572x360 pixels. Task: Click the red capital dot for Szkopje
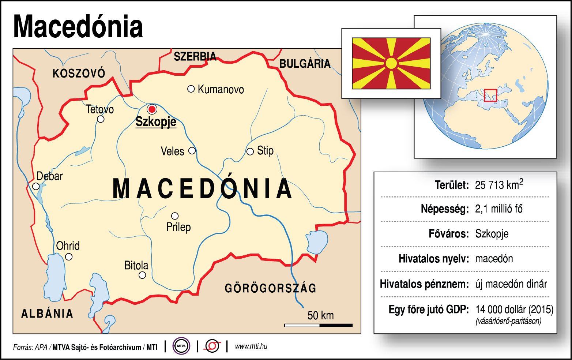pyautogui.click(x=152, y=109)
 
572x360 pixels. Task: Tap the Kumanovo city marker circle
pyautogui.click(x=191, y=89)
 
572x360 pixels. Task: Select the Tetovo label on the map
pyautogui.click(x=100, y=109)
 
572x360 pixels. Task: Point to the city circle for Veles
pyautogui.click(x=192, y=151)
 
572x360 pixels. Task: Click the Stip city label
pyautogui.click(x=265, y=150)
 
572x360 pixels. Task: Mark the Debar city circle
pyautogui.click(x=36, y=186)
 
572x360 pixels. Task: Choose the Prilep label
pyautogui.click(x=178, y=227)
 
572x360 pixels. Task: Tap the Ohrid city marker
pyautogui.click(x=69, y=257)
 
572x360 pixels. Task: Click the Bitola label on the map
pyautogui.click(x=136, y=265)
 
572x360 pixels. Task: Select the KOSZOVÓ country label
pyautogui.click(x=79, y=74)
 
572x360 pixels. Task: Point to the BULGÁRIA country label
pyautogui.click(x=305, y=64)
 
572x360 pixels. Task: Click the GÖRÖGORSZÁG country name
pyautogui.click(x=270, y=288)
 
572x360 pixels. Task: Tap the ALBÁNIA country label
pyautogui.click(x=47, y=314)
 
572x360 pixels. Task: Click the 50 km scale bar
pyautogui.click(x=318, y=325)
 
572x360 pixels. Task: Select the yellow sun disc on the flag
pyautogui.click(x=391, y=63)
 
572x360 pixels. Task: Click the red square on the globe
pyautogui.click(x=490, y=95)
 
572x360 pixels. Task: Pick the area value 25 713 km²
pyautogui.click(x=499, y=184)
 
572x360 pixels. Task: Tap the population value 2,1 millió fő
pyautogui.click(x=499, y=209)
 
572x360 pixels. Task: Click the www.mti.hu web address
pyautogui.click(x=251, y=346)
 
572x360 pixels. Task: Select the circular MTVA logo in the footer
pyautogui.click(x=181, y=346)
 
